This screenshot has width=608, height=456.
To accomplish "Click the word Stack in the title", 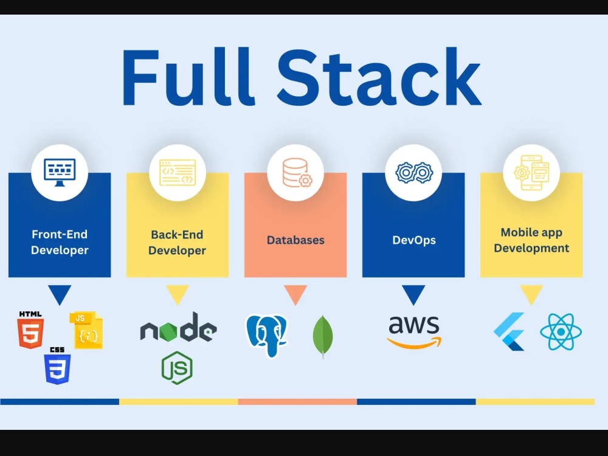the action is pos(379,77).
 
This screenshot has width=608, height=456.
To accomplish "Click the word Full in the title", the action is pos(189,77).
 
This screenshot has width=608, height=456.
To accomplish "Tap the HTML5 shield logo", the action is pos(30,330).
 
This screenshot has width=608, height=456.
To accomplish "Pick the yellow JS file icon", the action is pos(86,330).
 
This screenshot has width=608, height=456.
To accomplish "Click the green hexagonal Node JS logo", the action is pos(177,368).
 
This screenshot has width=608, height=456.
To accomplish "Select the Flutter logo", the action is pos(509,331).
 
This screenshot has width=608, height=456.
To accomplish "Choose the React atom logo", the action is pos(561,332).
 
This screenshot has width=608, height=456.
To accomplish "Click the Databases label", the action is pos(295,240).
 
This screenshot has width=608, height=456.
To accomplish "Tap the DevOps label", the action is pos(413,240).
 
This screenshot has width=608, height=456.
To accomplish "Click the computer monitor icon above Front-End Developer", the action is pos(60,173).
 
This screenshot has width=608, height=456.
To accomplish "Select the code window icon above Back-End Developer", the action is pos(178,173).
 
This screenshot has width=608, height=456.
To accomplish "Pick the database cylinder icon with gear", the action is pos(297,173).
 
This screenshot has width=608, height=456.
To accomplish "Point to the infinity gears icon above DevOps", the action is pos(413,173).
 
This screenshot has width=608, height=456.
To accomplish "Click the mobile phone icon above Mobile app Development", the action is pos(531,173).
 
